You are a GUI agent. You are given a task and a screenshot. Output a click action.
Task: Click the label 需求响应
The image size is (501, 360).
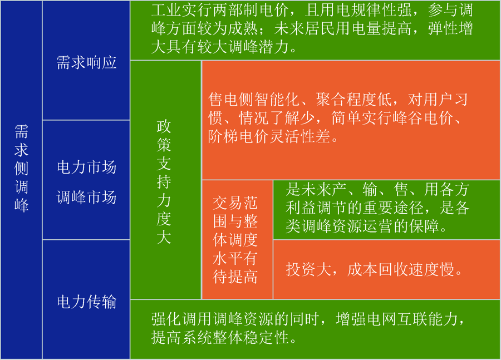[86, 62]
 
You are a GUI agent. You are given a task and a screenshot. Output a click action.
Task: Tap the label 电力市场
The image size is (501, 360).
[86, 167]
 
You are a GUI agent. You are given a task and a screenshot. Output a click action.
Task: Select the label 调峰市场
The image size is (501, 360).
[86, 197]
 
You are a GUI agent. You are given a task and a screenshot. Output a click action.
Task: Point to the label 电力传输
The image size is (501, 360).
[86, 302]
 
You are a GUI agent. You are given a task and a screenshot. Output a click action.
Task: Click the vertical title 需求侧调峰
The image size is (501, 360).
[21, 168]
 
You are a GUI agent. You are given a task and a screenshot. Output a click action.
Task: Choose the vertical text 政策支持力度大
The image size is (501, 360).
[164, 182]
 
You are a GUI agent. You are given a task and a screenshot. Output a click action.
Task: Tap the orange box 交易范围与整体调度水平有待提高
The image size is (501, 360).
[237, 240]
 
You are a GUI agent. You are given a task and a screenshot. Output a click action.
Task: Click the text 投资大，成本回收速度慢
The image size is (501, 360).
[374, 269]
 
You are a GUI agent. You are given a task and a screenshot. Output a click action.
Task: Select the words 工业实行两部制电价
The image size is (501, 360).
[220, 10]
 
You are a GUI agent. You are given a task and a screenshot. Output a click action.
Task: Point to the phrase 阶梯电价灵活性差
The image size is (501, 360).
[269, 136]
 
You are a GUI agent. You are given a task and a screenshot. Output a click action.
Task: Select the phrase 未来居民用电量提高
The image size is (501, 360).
[342, 28]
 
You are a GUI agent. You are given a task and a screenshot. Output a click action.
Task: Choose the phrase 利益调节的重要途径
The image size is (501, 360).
[355, 208]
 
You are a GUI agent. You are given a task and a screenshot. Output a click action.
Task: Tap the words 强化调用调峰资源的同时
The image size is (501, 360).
[235, 319]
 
